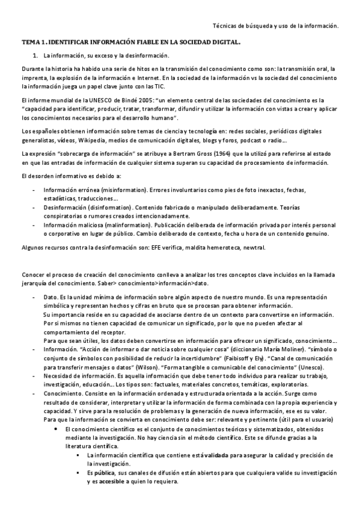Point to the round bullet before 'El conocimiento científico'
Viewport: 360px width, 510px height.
point(55,428)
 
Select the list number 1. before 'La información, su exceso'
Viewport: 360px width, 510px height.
point(35,55)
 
